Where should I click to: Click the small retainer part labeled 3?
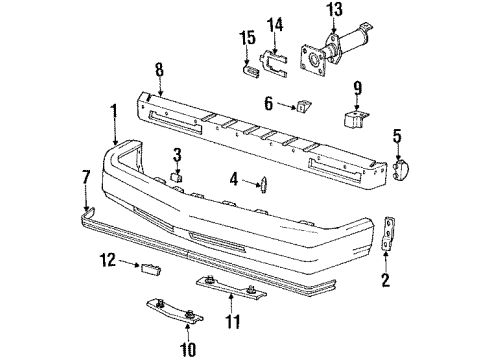pos(179,176)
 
